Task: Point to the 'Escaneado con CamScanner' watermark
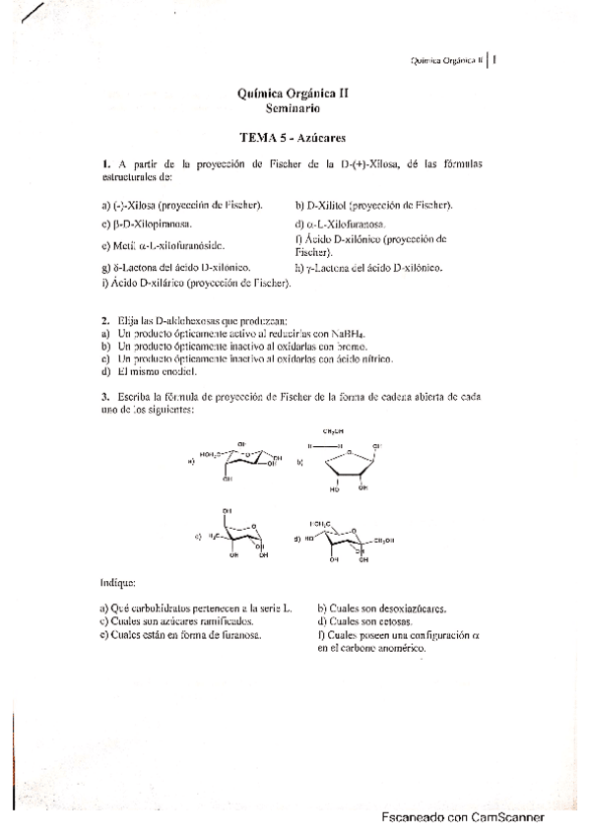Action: (x=463, y=816)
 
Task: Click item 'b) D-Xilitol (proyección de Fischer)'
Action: (x=373, y=205)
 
